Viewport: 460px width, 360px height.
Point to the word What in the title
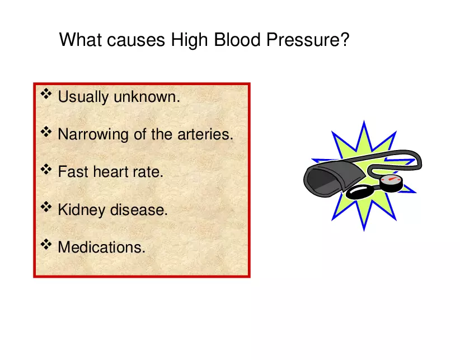(x=81, y=41)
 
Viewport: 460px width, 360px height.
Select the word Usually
(x=83, y=97)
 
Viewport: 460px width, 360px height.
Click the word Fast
(x=73, y=172)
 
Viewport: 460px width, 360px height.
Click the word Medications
(x=101, y=247)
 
